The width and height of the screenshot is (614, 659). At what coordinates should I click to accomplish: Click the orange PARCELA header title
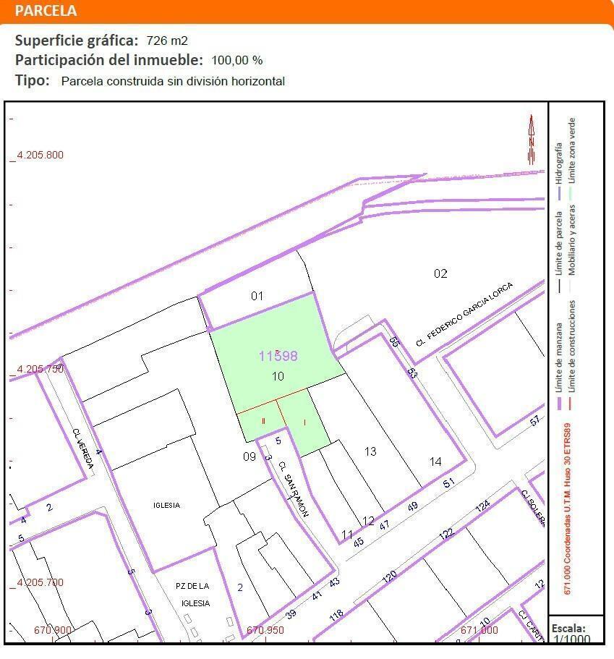pyautogui.click(x=46, y=11)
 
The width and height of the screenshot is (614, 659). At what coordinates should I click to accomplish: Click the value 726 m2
pyautogui.click(x=167, y=41)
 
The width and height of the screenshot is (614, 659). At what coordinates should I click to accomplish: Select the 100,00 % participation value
pyautogui.click(x=237, y=61)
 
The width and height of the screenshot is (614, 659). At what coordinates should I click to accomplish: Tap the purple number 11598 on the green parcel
pyautogui.click(x=278, y=356)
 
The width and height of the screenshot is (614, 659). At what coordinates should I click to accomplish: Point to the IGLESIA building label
pyautogui.click(x=166, y=506)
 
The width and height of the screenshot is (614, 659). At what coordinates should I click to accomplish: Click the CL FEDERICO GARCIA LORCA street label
pyautogui.click(x=464, y=314)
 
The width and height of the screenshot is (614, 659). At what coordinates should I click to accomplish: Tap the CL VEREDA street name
pyautogui.click(x=83, y=448)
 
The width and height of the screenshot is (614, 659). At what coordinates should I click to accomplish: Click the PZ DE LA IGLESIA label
pyautogui.click(x=193, y=594)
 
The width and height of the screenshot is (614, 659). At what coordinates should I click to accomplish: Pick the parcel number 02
pyautogui.click(x=440, y=273)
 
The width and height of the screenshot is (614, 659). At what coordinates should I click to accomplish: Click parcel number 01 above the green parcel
pyautogui.click(x=257, y=296)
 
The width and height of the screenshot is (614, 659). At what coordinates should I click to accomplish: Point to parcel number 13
pyautogui.click(x=370, y=451)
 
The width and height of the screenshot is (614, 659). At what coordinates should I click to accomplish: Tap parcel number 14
pyautogui.click(x=435, y=462)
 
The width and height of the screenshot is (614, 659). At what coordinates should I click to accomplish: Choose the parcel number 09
pyautogui.click(x=249, y=456)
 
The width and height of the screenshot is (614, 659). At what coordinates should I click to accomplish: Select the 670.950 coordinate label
pyautogui.click(x=265, y=630)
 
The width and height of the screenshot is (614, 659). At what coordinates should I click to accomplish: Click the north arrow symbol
pyautogui.click(x=532, y=139)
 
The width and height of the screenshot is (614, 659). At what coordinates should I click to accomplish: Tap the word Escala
pyautogui.click(x=568, y=629)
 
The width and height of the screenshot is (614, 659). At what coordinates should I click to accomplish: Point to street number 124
pyautogui.click(x=482, y=506)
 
